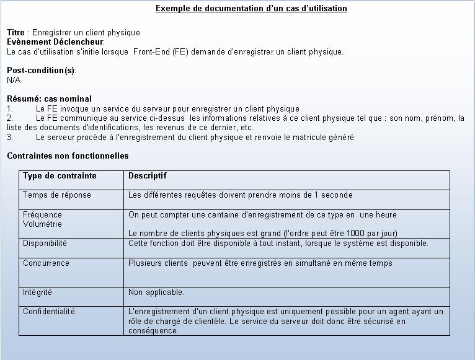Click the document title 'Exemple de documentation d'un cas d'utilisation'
pyautogui.click(x=251, y=9)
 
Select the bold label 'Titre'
pyautogui.click(x=16, y=32)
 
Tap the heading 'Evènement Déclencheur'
pyautogui.click(x=55, y=42)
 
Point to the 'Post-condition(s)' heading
pyautogui.click(x=41, y=70)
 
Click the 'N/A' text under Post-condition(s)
pyautogui.click(x=14, y=80)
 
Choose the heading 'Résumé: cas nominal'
pyautogui.click(x=49, y=99)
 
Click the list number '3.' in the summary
pyautogui.click(x=11, y=138)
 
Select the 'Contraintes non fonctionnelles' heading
pyautogui.click(x=68, y=156)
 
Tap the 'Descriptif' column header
pyautogui.click(x=148, y=176)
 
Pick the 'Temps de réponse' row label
pyautogui.click(x=57, y=195)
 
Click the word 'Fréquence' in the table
pyautogui.click(x=42, y=215)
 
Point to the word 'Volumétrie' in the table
pyautogui.click(x=42, y=224)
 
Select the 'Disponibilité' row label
pyautogui.click(x=45, y=244)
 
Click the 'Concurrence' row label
pyautogui.click(x=46, y=263)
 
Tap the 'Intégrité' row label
pyautogui.click(x=38, y=292)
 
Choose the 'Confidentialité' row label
pyautogui.click(x=49, y=312)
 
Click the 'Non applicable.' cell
pyautogui.click(x=156, y=292)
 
